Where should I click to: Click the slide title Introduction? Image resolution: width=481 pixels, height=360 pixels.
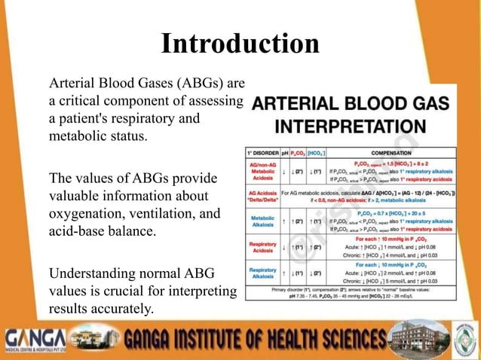240,43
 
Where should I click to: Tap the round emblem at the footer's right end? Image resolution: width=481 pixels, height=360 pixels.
462,335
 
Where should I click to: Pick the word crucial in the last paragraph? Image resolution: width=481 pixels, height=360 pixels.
131,291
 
